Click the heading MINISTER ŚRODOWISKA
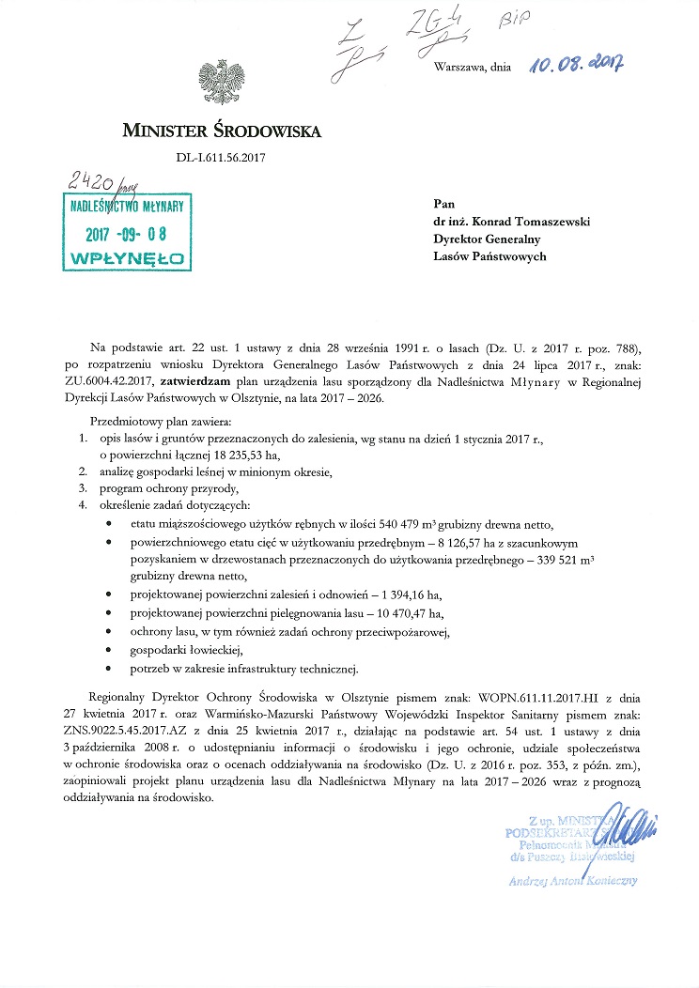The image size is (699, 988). coord(222,131)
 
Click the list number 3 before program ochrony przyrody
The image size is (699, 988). coord(82,489)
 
